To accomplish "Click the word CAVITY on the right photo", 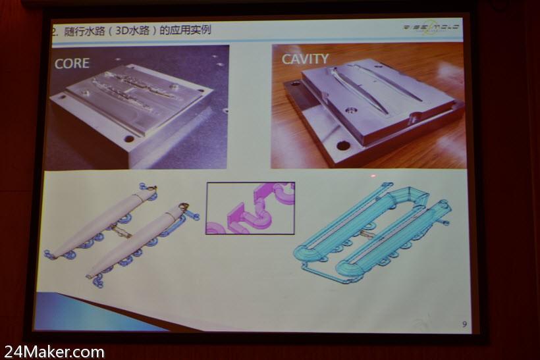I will pos(305,59).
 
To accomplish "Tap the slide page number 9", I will pos(464,323).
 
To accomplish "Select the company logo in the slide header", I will pos(431,27).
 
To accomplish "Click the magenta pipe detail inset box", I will pos(250,208).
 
